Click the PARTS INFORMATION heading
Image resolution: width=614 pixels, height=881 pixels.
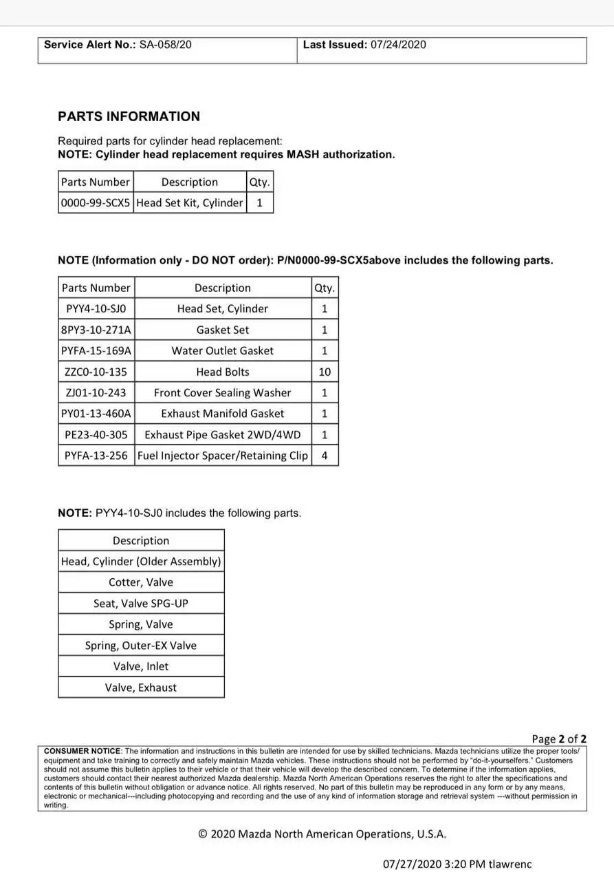pyautogui.click(x=129, y=116)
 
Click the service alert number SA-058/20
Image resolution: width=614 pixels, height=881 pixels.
pyautogui.click(x=165, y=45)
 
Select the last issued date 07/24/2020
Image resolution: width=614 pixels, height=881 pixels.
pyautogui.click(x=398, y=45)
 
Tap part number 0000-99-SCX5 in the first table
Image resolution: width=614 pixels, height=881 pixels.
pyautogui.click(x=95, y=203)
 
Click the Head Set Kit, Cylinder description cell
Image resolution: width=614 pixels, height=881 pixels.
pyautogui.click(x=190, y=203)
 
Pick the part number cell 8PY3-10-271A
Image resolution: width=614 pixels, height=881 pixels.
pyautogui.click(x=96, y=330)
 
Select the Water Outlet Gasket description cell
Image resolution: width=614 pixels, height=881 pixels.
pyautogui.click(x=222, y=351)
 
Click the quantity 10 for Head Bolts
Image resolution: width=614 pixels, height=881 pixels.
pyautogui.click(x=325, y=372)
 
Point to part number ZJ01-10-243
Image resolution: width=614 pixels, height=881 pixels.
pyautogui.click(x=96, y=393)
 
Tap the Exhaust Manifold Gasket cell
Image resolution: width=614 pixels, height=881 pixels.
pyautogui.click(x=222, y=414)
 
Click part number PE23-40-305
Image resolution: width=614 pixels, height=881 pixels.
pyautogui.click(x=96, y=435)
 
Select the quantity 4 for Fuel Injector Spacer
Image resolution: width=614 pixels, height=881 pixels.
pyautogui.click(x=325, y=456)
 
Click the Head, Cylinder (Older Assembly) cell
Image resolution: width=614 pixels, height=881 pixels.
pyautogui.click(x=141, y=562)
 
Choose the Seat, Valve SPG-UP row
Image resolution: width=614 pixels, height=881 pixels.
pyautogui.click(x=141, y=604)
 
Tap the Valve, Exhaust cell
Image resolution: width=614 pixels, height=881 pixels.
pyautogui.click(x=141, y=688)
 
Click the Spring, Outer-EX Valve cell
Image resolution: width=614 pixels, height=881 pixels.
pyautogui.click(x=141, y=646)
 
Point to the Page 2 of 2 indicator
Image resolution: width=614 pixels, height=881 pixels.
pyautogui.click(x=558, y=739)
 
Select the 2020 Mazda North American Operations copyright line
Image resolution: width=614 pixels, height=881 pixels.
pyautogui.click(x=322, y=834)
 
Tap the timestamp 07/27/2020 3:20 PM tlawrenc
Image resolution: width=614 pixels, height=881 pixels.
pyautogui.click(x=457, y=864)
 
